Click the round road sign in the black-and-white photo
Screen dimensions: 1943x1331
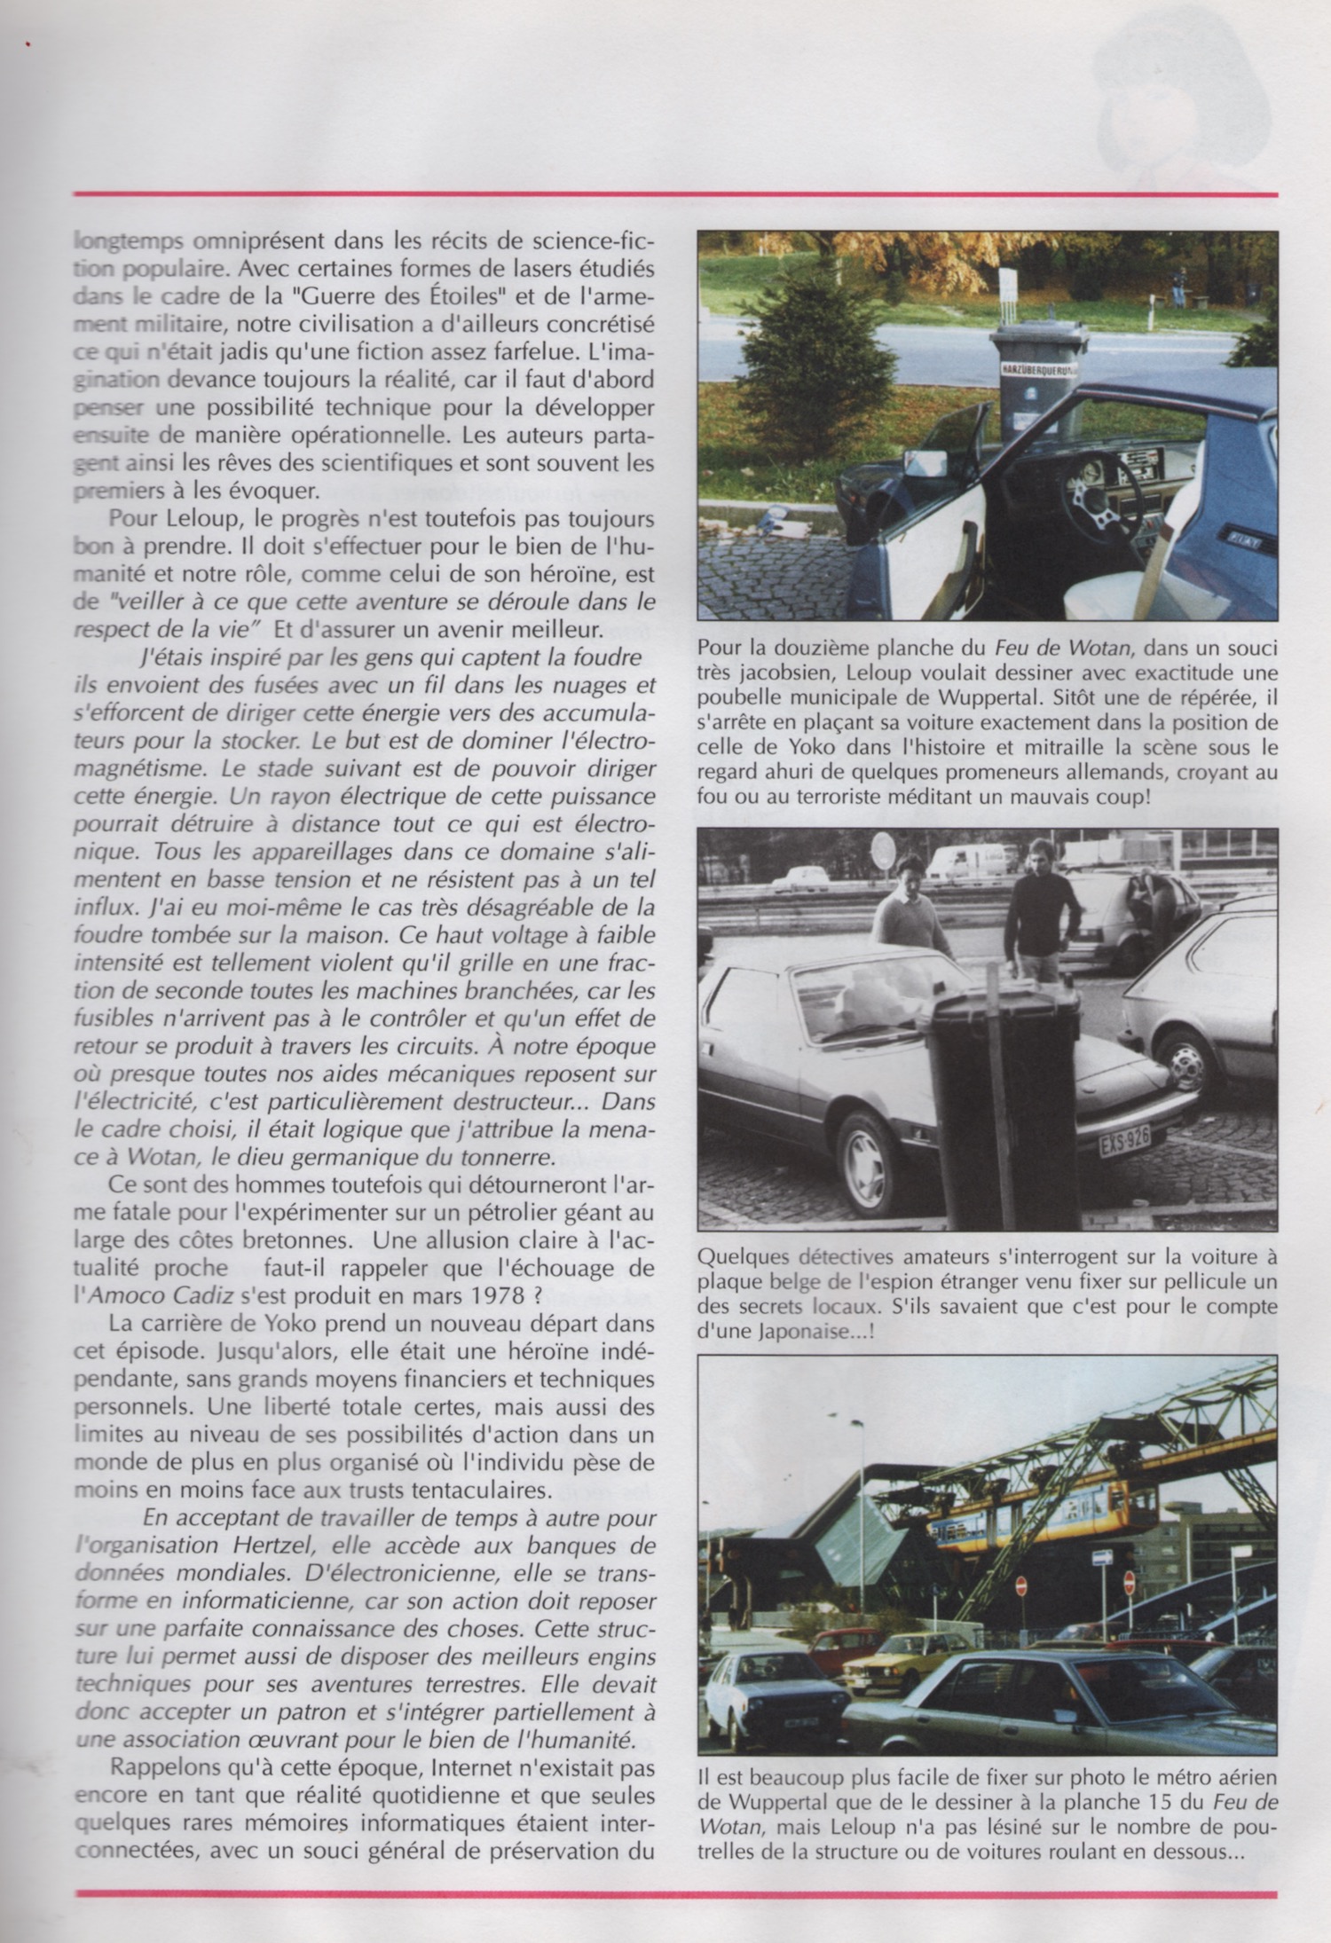(884, 854)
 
